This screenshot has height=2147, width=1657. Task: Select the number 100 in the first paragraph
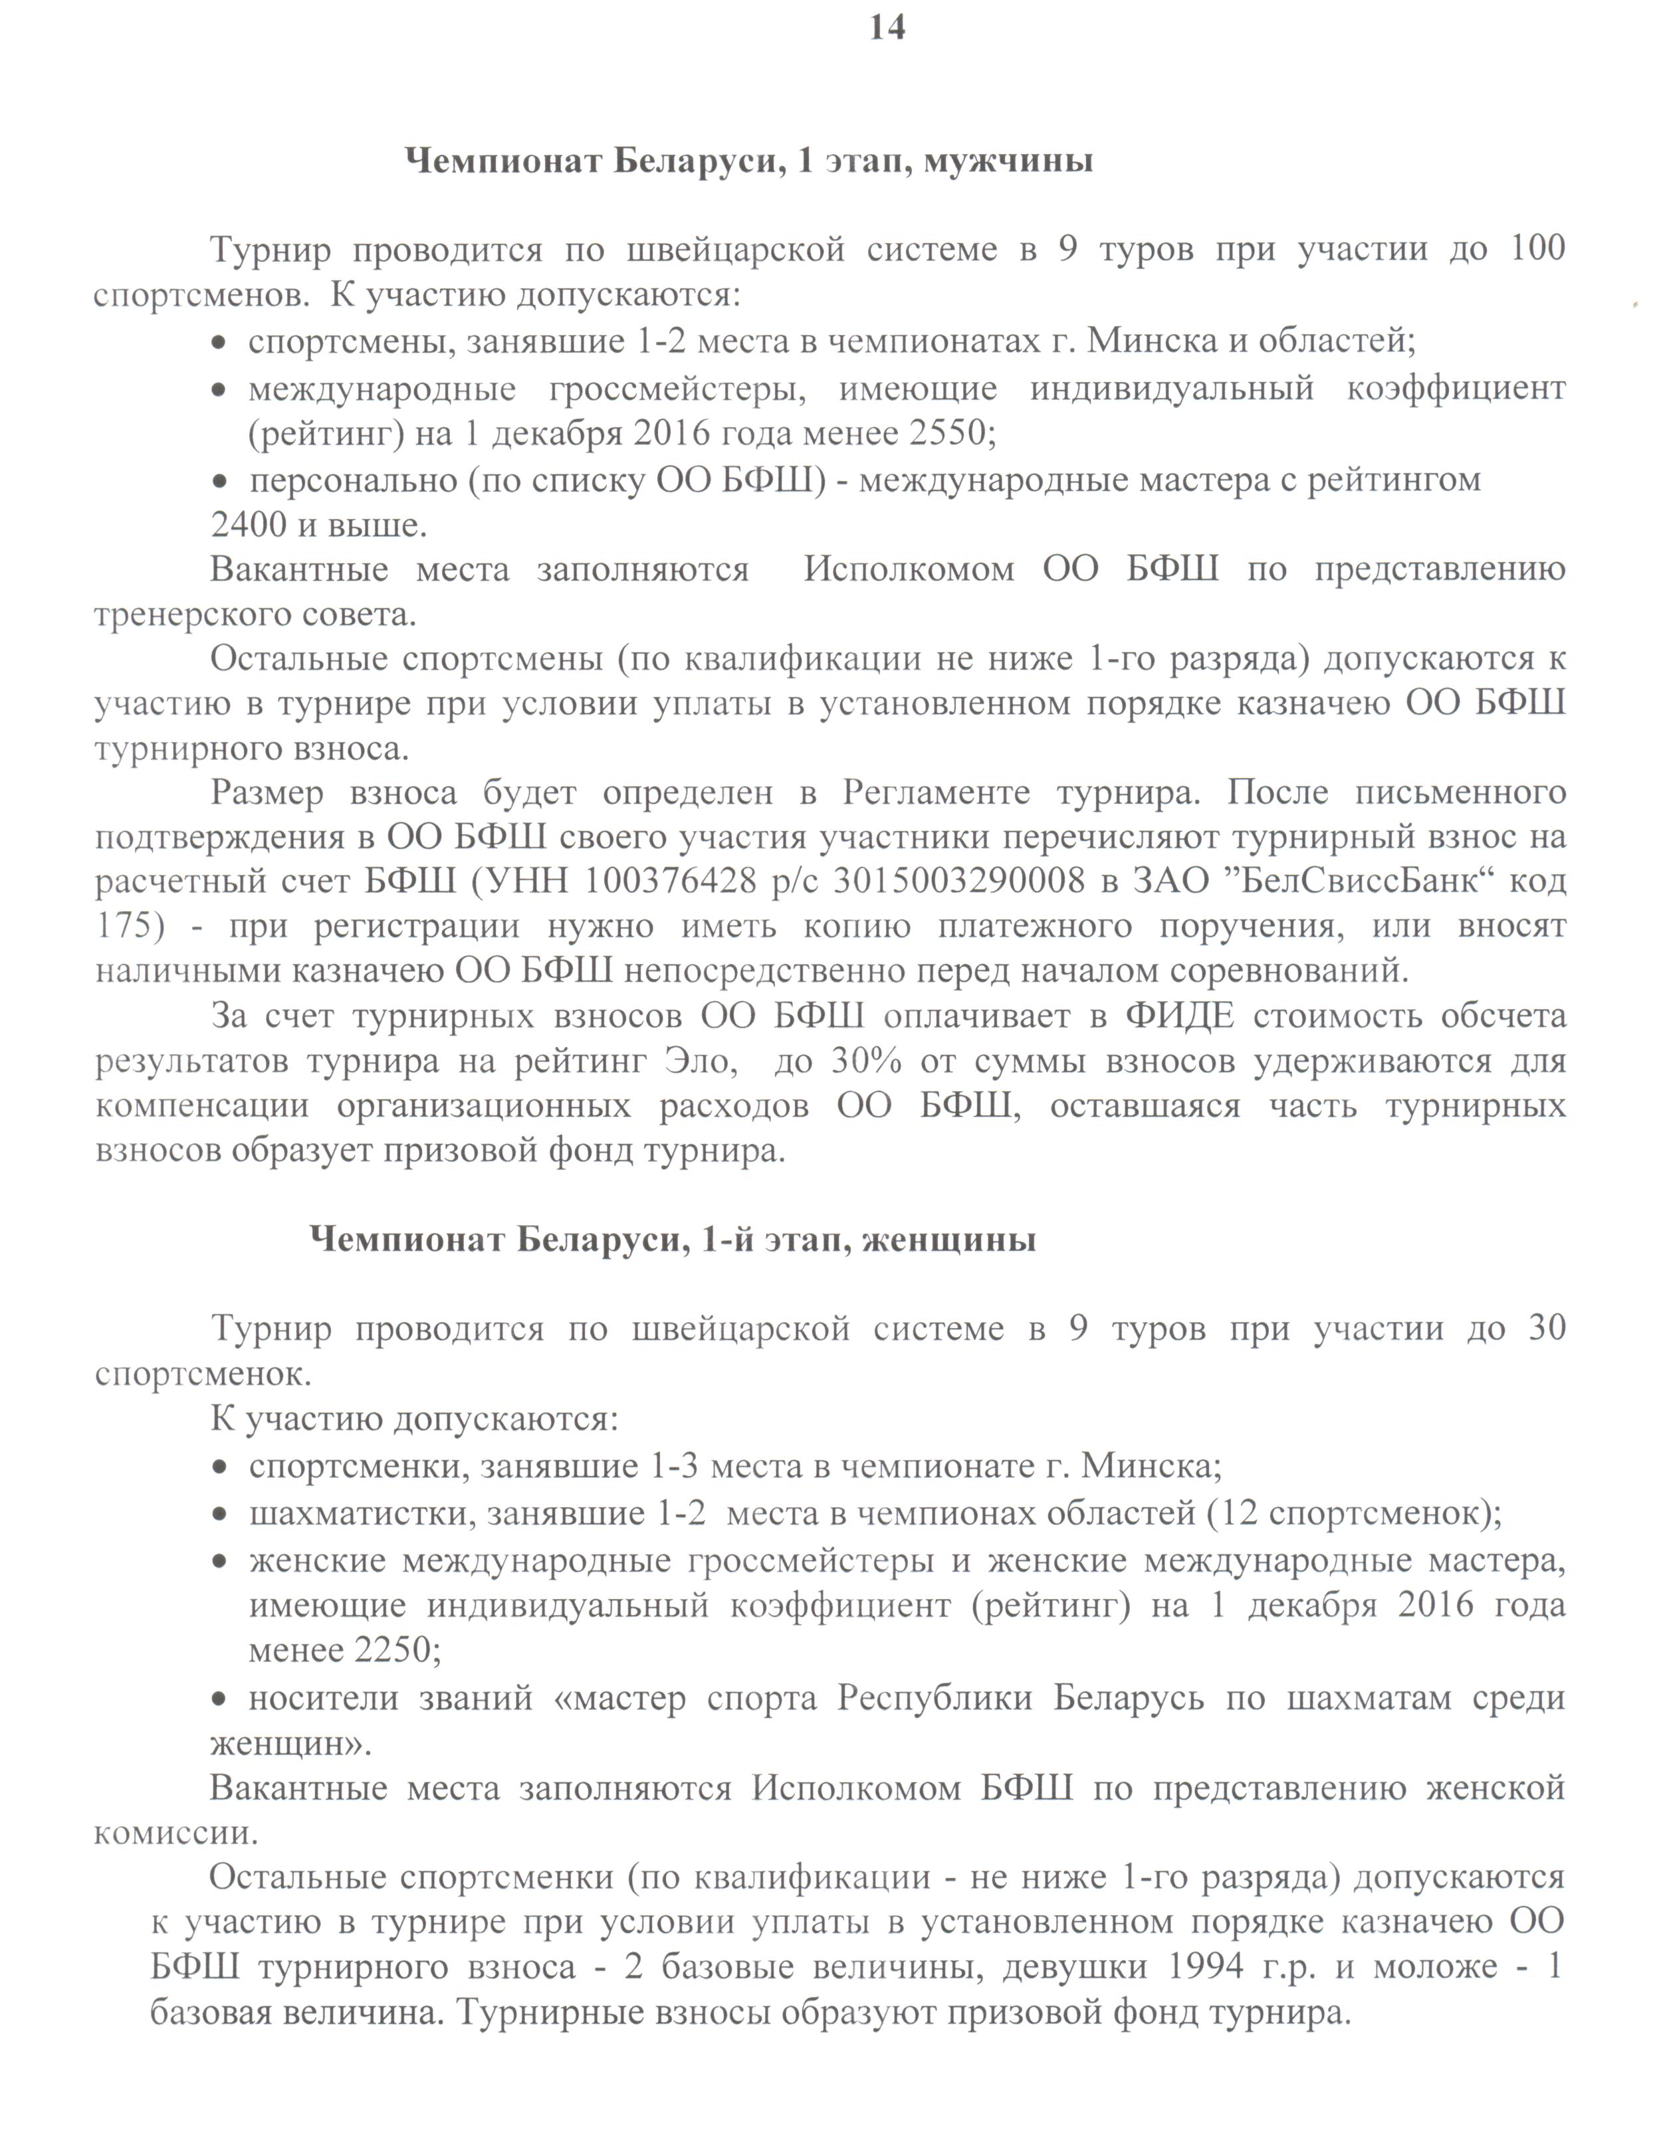click(1536, 248)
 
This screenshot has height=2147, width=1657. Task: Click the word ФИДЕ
click(1179, 1016)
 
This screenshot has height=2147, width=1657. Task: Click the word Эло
click(700, 1062)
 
